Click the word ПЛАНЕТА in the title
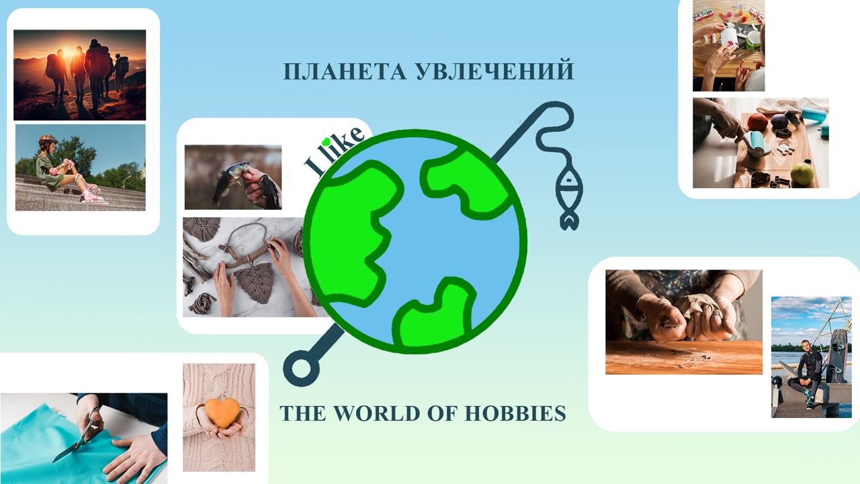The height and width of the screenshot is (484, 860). click(x=345, y=71)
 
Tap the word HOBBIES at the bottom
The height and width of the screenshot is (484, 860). click(x=515, y=413)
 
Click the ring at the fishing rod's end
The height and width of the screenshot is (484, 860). click(x=302, y=368)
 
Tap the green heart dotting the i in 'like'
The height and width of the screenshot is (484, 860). click(x=326, y=141)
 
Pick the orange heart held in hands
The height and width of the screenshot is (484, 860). click(x=222, y=413)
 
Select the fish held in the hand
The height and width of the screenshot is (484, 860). click(x=230, y=181)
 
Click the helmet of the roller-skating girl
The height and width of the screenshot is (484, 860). click(x=47, y=139)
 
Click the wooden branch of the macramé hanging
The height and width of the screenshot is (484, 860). click(x=246, y=254)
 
